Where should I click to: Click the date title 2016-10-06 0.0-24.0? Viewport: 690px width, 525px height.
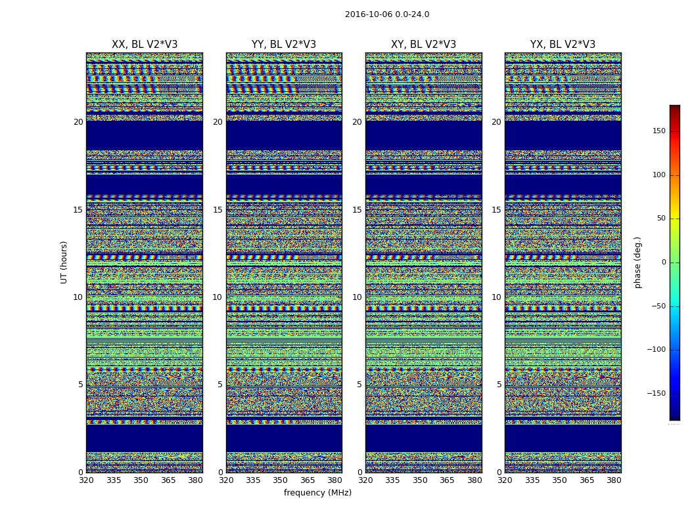(387, 14)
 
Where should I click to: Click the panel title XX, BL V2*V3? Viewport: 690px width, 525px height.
(145, 45)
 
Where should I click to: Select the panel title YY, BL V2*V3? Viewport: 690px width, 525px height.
(284, 45)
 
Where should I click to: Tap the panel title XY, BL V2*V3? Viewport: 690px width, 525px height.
(423, 45)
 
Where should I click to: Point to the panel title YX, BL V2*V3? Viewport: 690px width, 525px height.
(563, 45)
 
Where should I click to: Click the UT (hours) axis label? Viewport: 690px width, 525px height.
(64, 262)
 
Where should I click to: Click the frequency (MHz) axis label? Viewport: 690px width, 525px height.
(317, 493)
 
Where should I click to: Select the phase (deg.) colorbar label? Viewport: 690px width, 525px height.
(637, 262)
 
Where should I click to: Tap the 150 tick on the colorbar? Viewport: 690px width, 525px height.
(658, 131)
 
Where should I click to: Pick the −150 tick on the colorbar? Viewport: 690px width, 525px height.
(656, 394)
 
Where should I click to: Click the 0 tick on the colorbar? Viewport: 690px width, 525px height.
(664, 262)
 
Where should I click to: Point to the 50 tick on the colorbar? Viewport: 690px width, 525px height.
(661, 219)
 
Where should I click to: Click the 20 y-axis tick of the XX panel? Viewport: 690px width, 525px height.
(78, 122)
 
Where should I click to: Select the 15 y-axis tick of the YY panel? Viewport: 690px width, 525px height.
(218, 210)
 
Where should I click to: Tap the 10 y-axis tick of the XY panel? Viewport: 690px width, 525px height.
(357, 297)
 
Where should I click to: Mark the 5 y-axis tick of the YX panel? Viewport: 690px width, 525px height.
(499, 385)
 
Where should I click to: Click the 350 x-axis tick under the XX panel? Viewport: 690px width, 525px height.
(141, 480)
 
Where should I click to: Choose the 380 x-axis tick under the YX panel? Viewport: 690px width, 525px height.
(614, 480)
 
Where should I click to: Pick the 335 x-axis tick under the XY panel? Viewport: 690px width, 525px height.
(392, 480)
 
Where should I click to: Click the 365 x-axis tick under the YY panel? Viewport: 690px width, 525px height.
(308, 480)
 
